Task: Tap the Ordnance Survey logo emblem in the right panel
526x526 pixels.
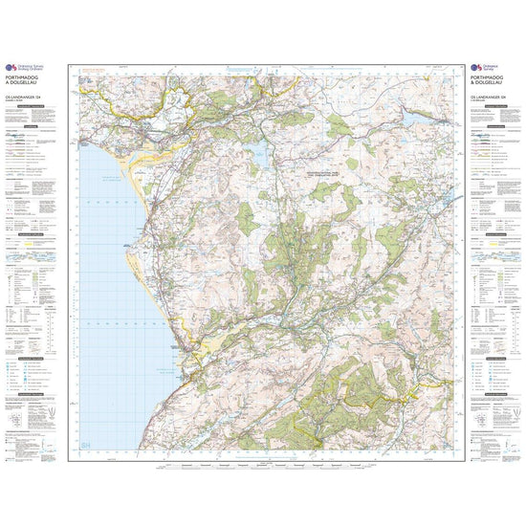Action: [468, 67]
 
